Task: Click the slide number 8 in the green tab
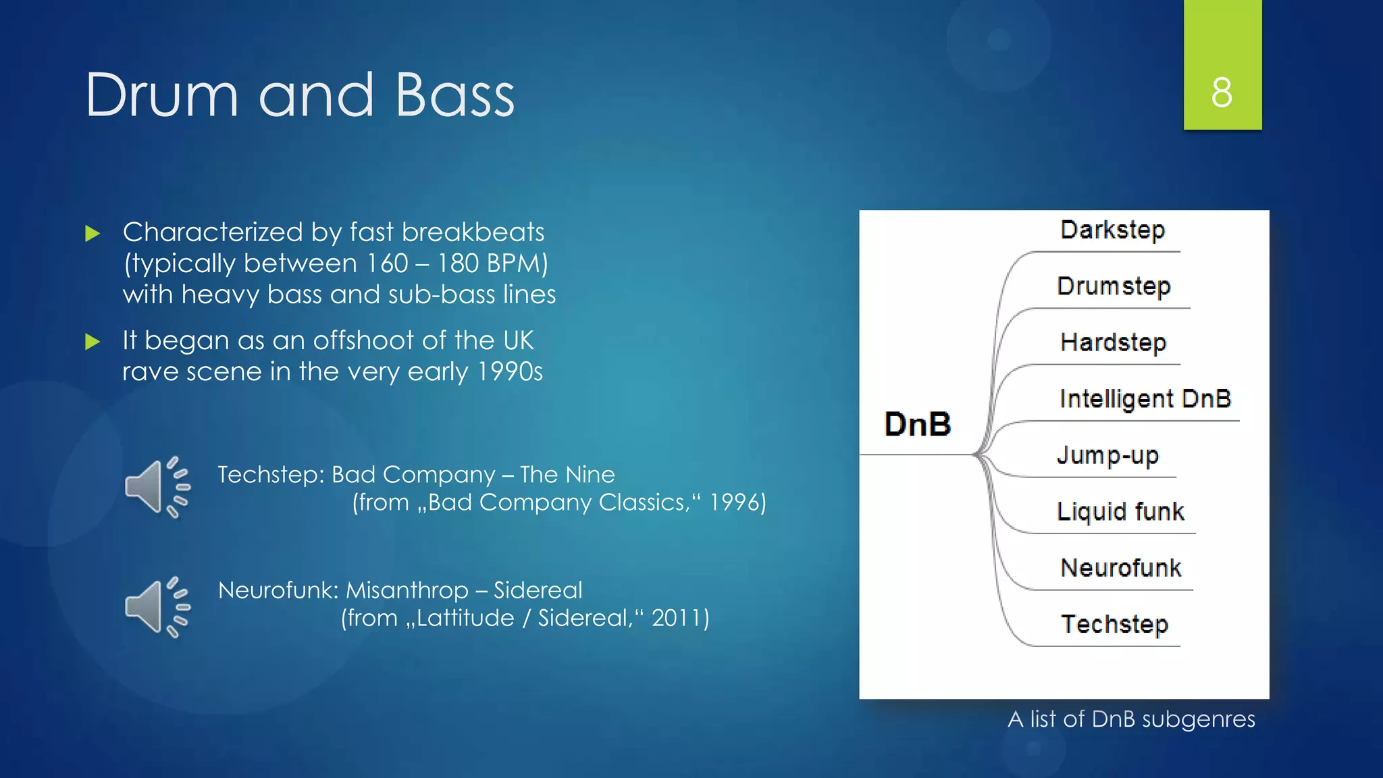(1222, 93)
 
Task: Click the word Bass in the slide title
(454, 95)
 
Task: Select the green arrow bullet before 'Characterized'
(93, 234)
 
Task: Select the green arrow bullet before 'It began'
(93, 342)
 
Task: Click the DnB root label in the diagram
(917, 424)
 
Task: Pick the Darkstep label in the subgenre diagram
(1112, 230)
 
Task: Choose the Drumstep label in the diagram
(1114, 286)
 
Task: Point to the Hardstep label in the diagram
(1113, 342)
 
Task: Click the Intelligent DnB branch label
(1145, 398)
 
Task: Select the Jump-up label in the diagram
(1107, 455)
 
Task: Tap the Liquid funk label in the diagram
(1120, 511)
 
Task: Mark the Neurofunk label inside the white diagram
(1120, 568)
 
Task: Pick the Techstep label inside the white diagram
(1114, 624)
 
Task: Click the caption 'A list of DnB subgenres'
(1131, 719)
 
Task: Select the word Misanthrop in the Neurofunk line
(407, 590)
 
